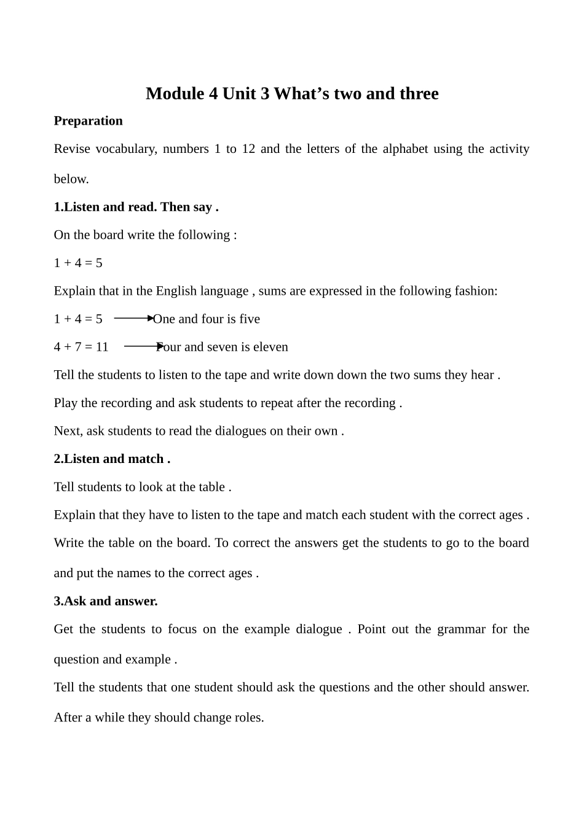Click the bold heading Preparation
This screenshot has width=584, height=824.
(x=88, y=120)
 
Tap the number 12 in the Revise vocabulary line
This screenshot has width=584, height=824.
(x=248, y=149)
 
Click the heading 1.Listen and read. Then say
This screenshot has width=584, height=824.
(x=136, y=207)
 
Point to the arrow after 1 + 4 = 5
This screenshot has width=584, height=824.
(x=133, y=318)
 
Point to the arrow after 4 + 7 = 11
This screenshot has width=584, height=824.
(x=143, y=346)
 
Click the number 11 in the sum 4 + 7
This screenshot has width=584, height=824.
(x=101, y=347)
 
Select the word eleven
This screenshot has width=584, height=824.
(x=270, y=347)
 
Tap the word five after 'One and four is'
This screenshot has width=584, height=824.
(x=249, y=319)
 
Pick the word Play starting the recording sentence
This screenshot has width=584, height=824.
(x=66, y=403)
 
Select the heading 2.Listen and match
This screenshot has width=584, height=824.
(x=112, y=459)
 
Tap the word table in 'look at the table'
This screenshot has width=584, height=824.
(x=211, y=487)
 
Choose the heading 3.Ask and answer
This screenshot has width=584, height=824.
(x=106, y=601)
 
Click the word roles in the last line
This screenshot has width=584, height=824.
(x=248, y=717)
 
